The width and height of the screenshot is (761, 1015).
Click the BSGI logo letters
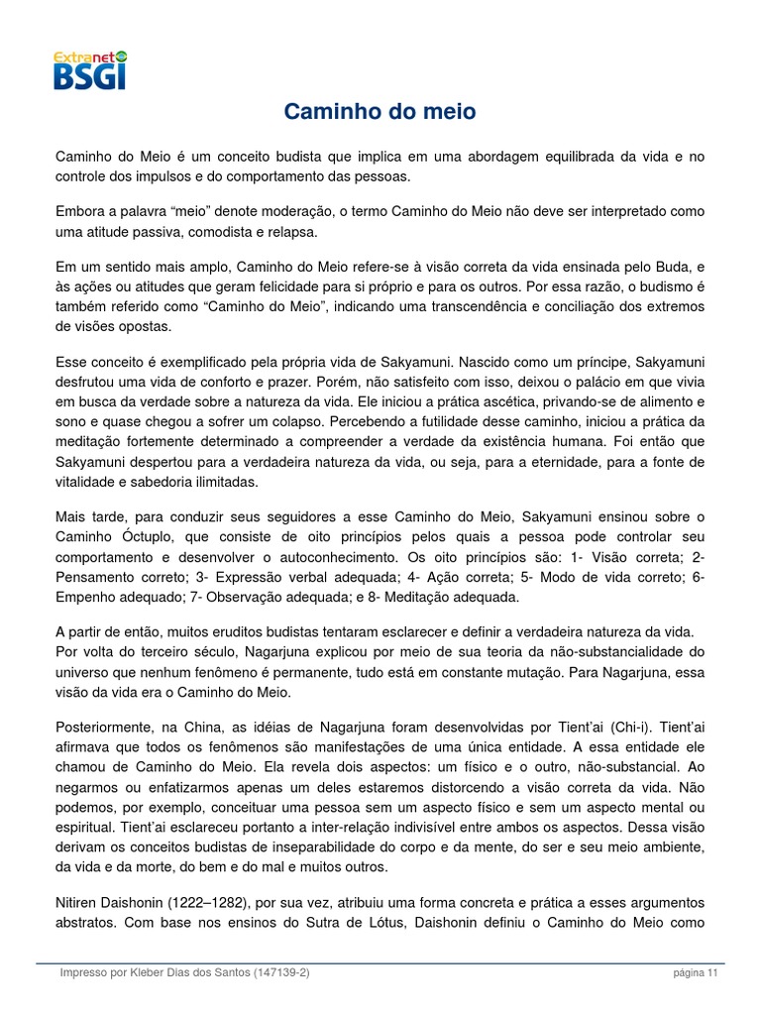90,76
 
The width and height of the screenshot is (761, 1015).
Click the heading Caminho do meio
380,112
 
